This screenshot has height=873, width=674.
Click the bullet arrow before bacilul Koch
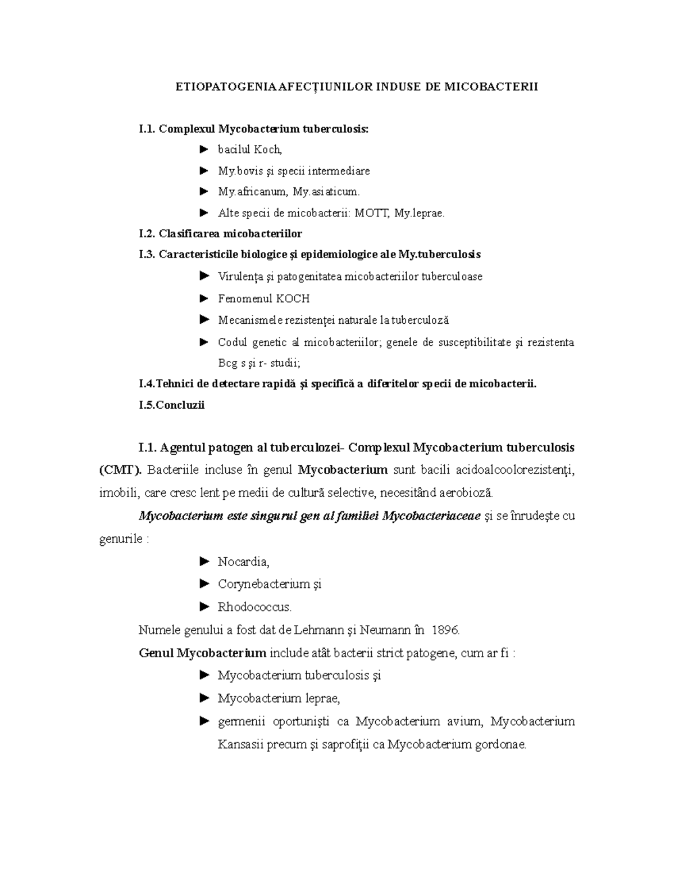click(203, 150)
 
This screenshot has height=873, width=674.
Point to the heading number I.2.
click(147, 233)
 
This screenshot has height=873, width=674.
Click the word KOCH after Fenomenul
click(293, 298)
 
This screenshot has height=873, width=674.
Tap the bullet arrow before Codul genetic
click(203, 342)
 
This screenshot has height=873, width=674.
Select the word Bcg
click(227, 363)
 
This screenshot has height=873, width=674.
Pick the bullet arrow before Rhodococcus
click(203, 607)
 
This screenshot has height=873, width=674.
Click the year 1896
click(445, 630)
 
